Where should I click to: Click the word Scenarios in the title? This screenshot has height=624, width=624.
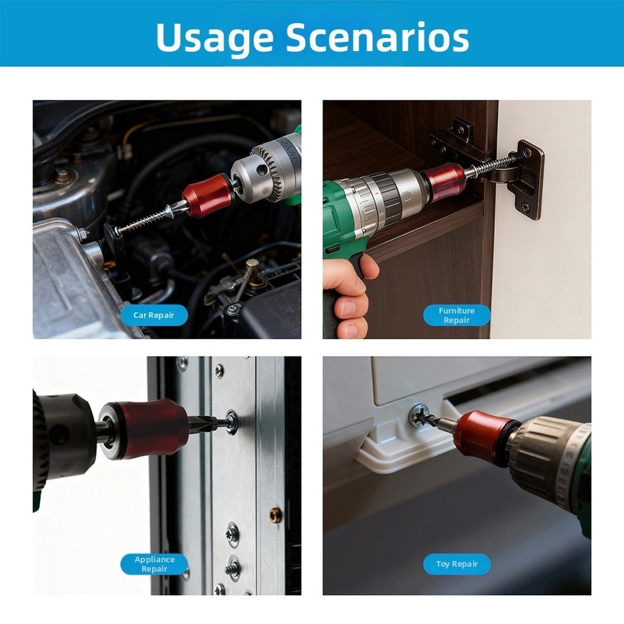click(378, 37)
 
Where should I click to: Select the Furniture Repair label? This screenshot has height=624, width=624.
click(457, 315)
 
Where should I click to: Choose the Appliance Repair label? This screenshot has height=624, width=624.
click(154, 564)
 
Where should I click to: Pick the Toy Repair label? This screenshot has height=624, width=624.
click(457, 564)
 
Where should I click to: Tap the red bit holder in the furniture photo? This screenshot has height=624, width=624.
click(444, 182)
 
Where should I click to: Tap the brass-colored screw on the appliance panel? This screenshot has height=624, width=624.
click(275, 515)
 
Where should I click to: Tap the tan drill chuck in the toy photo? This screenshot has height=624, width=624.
click(543, 452)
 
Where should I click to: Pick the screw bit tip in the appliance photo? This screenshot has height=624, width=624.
click(209, 424)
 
